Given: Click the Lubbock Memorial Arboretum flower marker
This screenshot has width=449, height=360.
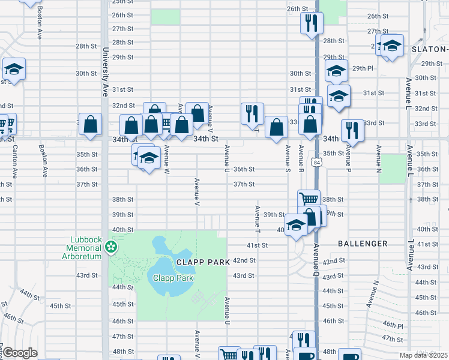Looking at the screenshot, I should point(110,246).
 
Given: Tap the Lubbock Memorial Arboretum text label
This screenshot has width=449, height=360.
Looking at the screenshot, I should point(84,246).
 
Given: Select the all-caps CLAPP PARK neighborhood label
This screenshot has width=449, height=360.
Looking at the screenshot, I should point(196,262).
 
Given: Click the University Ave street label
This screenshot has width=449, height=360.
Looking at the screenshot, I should point(105,72).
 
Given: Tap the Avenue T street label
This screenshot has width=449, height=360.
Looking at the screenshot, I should point(258,220).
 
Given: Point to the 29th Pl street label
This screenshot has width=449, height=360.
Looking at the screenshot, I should point(363,68).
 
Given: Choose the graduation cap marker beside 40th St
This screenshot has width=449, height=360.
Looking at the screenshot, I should point(296,225).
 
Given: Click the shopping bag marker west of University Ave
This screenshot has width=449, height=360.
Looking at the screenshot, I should point(90,125).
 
